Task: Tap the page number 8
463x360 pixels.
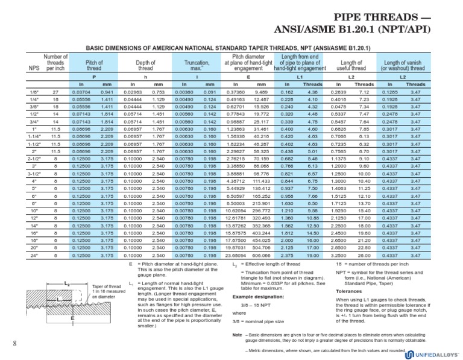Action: tap(13, 344)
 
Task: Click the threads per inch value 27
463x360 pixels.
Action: tap(55, 91)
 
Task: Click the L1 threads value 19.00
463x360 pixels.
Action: tap(312, 256)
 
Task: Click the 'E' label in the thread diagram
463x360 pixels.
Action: tap(55, 318)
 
